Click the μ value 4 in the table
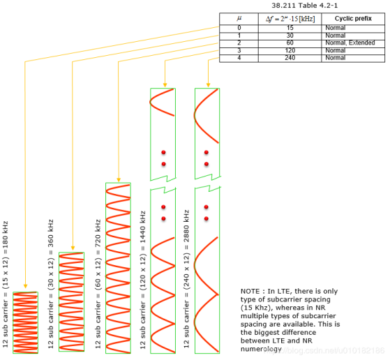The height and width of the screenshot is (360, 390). [x=239, y=58]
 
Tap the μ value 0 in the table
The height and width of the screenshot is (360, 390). [x=239, y=27]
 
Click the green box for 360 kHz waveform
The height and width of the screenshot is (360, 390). [x=71, y=303]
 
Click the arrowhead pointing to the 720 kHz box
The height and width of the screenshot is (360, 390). [x=119, y=179]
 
